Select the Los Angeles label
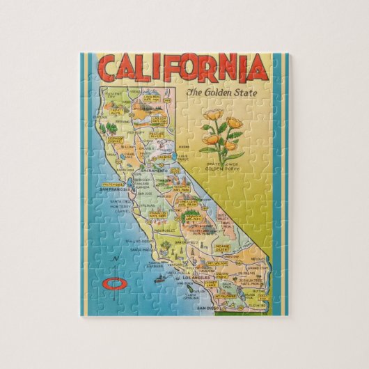(197, 277)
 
